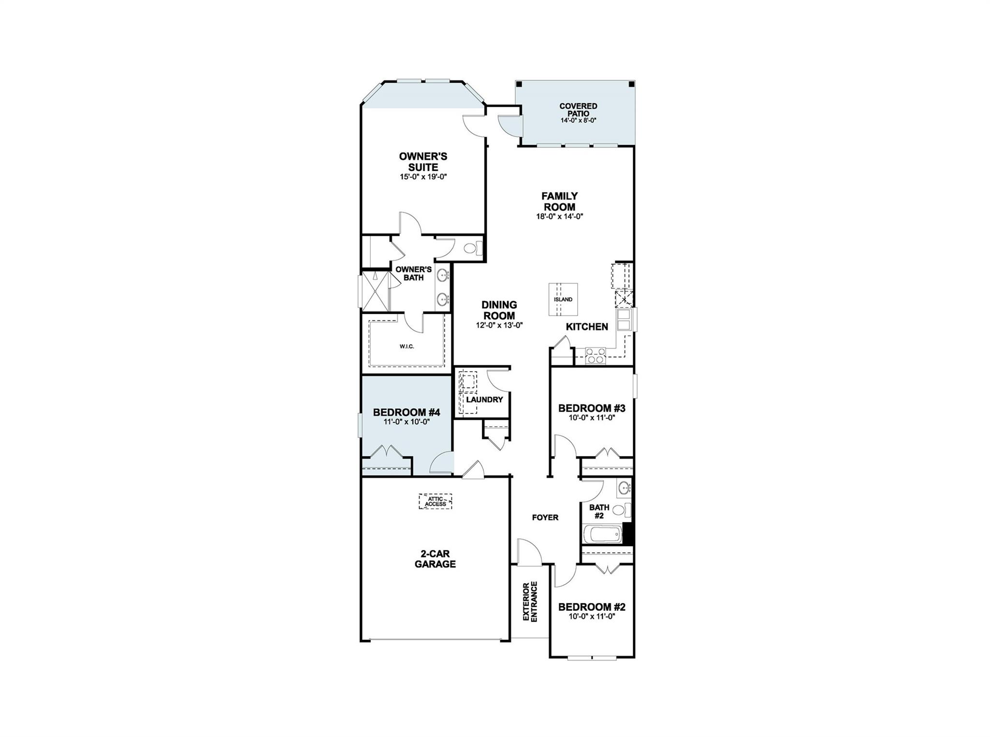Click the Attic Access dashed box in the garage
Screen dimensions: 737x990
pos(435,501)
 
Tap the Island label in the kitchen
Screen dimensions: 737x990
pos(563,300)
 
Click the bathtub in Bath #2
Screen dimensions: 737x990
pos(602,535)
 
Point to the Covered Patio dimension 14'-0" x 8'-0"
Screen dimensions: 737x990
pos(578,120)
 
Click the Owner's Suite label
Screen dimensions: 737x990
pos(423,161)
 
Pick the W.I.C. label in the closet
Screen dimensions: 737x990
pos(407,347)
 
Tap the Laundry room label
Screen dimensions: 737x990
pos(484,400)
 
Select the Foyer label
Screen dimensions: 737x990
pos(545,518)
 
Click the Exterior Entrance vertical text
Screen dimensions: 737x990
pos(530,601)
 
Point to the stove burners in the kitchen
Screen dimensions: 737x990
pos(595,356)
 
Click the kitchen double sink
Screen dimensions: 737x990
pos(624,319)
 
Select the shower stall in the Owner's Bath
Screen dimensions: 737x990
pos(376,291)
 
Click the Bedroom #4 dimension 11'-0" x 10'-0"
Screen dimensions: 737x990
pos(407,421)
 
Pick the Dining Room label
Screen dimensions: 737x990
pos(499,310)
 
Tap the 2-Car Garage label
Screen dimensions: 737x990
pos(435,559)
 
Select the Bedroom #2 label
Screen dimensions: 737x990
pos(592,607)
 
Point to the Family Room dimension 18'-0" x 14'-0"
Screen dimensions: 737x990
pos(559,217)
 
